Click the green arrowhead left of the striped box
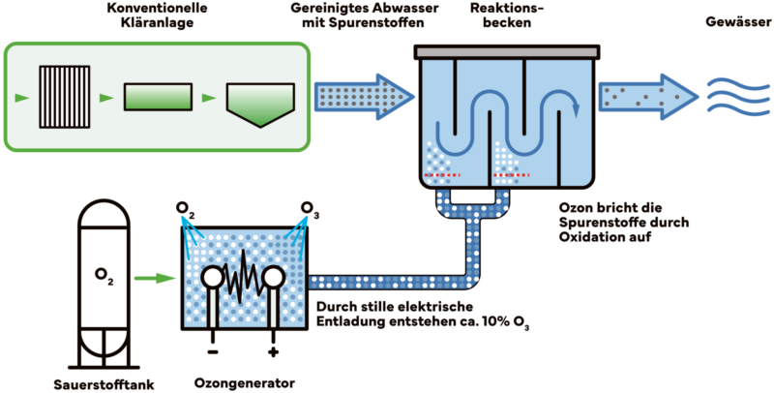[x=20, y=98]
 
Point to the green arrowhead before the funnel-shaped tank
[x=206, y=98]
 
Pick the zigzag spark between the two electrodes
[x=242, y=279]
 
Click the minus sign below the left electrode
[x=211, y=341]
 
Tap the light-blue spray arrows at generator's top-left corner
[x=191, y=225]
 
